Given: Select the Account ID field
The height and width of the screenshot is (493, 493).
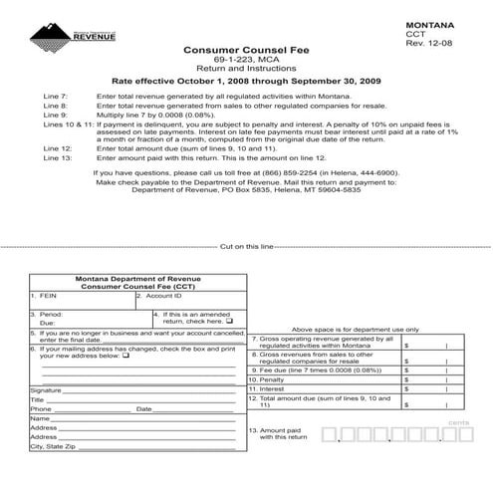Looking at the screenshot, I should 164,296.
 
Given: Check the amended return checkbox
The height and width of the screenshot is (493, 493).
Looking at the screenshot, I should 229,322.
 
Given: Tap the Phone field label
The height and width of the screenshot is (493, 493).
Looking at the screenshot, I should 41,408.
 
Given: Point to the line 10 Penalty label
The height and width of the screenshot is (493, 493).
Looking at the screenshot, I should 268,379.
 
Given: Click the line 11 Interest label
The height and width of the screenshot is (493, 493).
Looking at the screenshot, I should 267,389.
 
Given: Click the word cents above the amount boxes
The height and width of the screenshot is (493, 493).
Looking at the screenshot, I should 458,424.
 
